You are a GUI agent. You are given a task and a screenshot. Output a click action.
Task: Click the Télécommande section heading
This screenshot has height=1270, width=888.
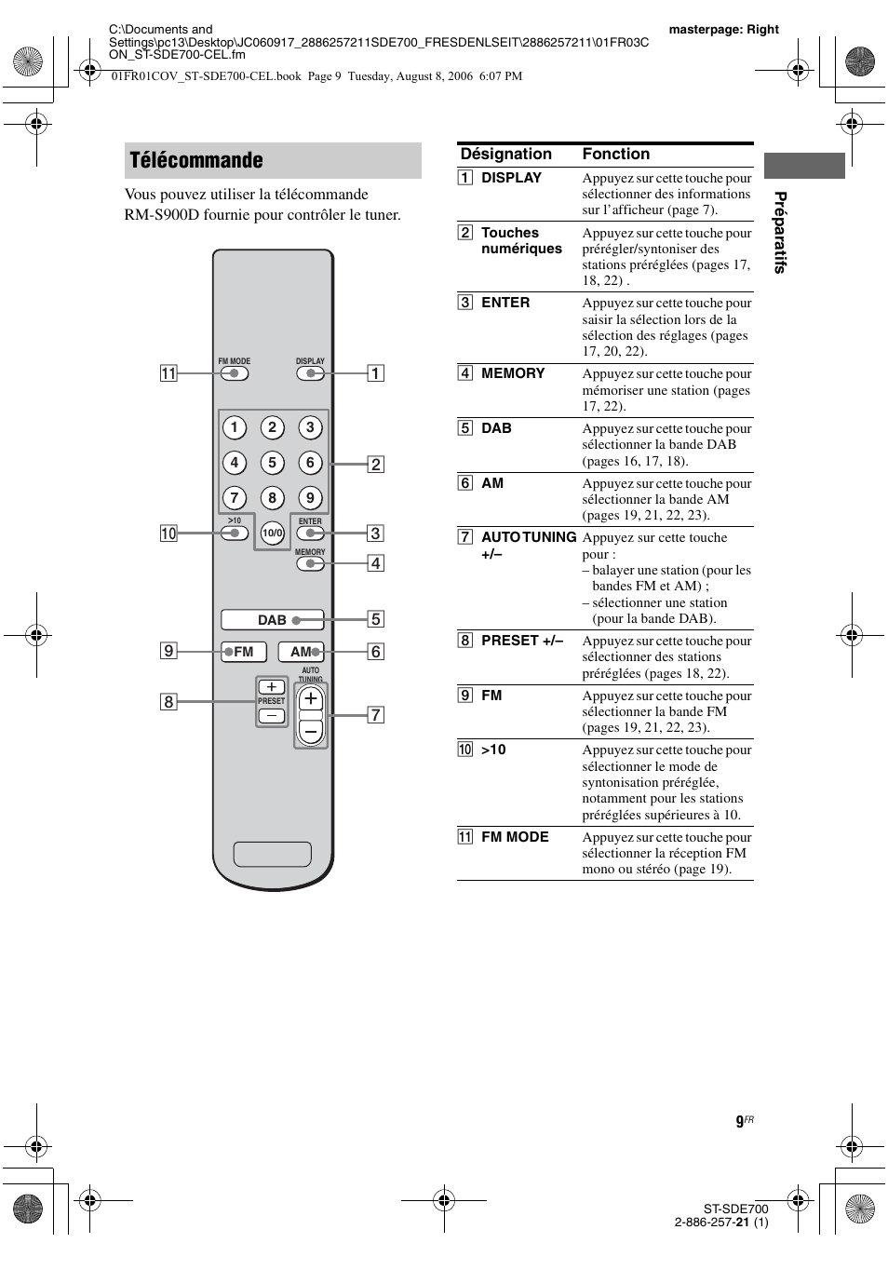(x=196, y=160)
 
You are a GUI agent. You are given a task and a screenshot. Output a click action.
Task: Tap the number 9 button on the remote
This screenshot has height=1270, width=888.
(x=310, y=498)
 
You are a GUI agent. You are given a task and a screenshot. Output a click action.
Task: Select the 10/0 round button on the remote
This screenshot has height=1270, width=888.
(x=272, y=534)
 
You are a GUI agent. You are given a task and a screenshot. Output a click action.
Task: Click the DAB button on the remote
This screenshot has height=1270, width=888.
(x=272, y=620)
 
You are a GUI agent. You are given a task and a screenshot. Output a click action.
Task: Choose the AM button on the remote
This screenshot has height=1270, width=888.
(x=301, y=652)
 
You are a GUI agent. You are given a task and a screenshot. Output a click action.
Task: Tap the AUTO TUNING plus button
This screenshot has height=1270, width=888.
(x=311, y=699)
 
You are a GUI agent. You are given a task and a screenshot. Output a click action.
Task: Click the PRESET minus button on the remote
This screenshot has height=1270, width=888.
(x=272, y=716)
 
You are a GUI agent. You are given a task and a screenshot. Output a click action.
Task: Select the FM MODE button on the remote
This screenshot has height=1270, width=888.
(x=234, y=373)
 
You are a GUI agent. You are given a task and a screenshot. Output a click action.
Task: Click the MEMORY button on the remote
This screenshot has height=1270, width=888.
(x=310, y=563)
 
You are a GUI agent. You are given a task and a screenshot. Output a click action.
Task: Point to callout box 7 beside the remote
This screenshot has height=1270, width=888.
(x=375, y=715)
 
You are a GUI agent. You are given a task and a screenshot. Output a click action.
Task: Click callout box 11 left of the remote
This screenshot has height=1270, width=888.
(x=168, y=374)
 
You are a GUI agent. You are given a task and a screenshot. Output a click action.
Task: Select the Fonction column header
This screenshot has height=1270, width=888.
(x=615, y=155)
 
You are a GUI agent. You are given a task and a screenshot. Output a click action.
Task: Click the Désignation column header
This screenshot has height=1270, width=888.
(x=506, y=155)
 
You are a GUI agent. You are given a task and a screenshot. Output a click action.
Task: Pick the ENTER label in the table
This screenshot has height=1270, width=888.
(x=505, y=303)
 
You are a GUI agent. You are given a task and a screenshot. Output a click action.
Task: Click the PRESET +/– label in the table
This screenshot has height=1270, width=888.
(x=522, y=641)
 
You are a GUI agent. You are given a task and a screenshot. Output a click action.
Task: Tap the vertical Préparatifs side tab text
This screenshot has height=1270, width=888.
(x=780, y=232)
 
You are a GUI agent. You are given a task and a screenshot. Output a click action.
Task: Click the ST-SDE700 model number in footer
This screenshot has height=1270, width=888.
(x=735, y=1209)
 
